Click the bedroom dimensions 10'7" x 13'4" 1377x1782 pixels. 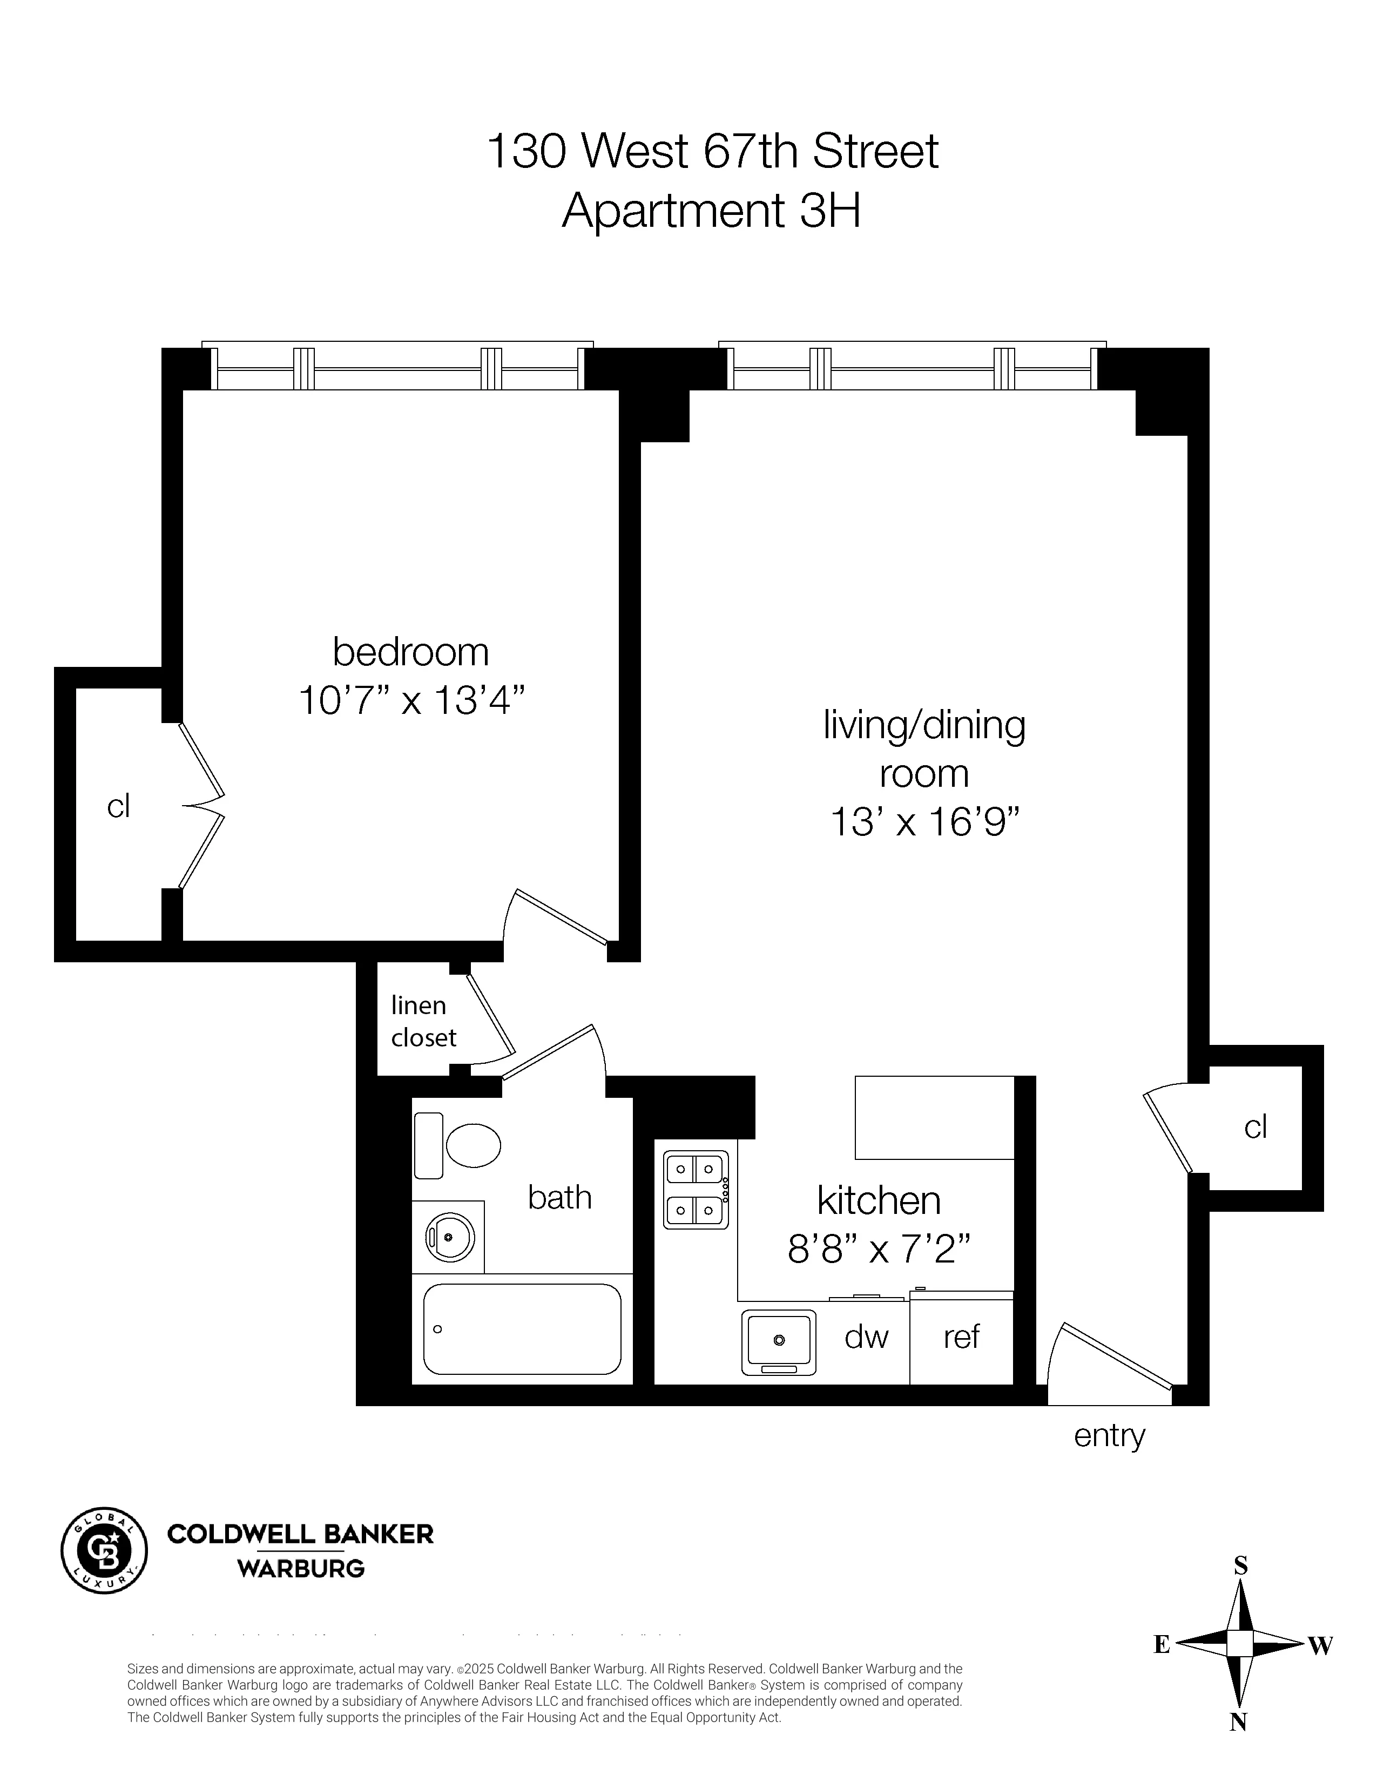[x=411, y=700]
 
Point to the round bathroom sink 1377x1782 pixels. [x=449, y=1237]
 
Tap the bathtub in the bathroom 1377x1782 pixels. [x=521, y=1329]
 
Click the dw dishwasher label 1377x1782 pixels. [x=866, y=1336]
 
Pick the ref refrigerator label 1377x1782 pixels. [x=961, y=1336]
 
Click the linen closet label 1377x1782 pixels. [x=423, y=1021]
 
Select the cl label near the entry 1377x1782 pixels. [x=1254, y=1127]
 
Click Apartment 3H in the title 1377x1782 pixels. [x=711, y=211]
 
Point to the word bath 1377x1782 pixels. [x=559, y=1198]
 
